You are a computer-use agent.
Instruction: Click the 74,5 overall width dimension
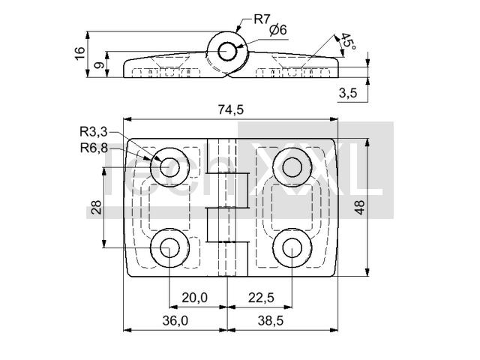[231, 109]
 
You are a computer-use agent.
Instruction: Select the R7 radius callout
[262, 19]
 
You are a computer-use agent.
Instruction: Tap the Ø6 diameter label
[278, 30]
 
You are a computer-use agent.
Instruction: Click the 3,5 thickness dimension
[348, 92]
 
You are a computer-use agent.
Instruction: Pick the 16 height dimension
[79, 53]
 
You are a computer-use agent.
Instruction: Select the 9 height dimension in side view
[98, 65]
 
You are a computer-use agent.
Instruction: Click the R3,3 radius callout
[94, 132]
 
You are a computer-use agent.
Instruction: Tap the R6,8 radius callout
[94, 148]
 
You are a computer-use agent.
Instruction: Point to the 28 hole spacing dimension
[96, 207]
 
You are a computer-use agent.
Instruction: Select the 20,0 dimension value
[195, 297]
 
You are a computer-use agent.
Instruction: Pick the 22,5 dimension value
[261, 297]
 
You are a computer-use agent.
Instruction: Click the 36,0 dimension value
[175, 320]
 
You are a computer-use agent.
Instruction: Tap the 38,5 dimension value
[271, 320]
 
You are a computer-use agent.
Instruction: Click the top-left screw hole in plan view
[169, 167]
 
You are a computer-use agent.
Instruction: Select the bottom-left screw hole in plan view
[169, 248]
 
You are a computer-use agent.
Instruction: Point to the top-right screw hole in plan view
[292, 167]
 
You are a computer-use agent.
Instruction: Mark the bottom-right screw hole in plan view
[292, 248]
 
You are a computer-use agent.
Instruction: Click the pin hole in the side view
[227, 52]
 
